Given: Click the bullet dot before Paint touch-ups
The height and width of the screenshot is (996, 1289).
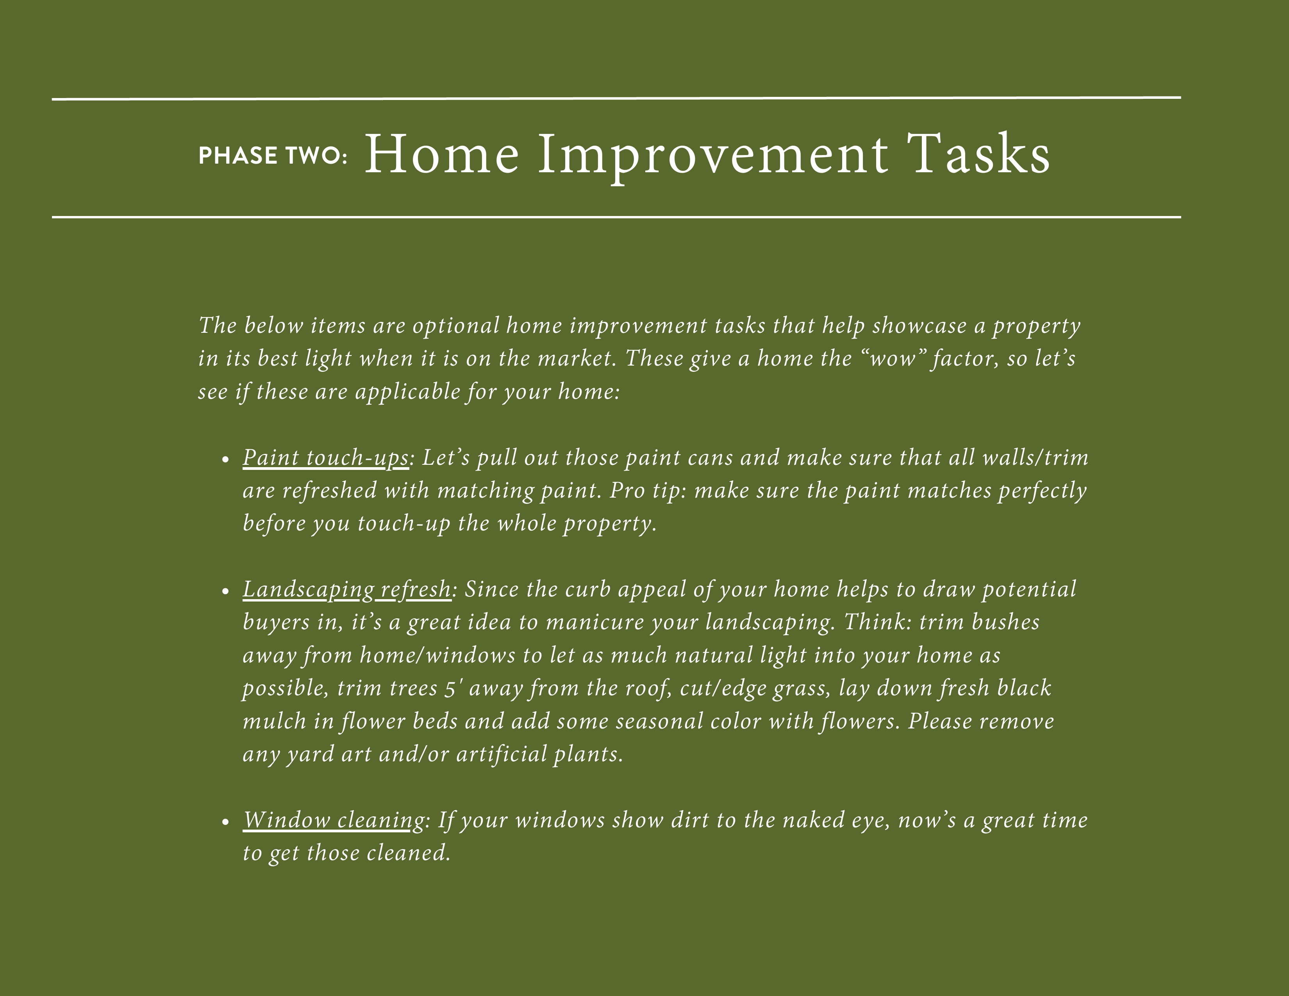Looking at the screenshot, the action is pyautogui.click(x=225, y=460).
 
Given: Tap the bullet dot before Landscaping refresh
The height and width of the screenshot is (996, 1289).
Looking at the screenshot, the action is pyautogui.click(x=225, y=591).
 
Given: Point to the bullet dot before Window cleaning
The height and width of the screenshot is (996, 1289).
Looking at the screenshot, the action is pyautogui.click(x=225, y=822).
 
